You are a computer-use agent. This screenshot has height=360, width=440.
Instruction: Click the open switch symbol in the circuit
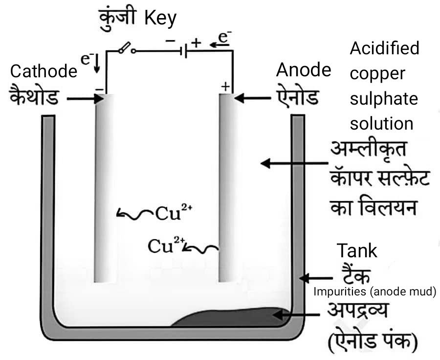[126, 49]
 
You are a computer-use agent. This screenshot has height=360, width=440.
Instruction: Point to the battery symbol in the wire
[182, 50]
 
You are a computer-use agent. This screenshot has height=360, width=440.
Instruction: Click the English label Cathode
[44, 72]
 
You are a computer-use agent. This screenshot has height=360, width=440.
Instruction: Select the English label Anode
[303, 70]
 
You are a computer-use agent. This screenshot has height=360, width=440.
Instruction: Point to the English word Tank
[357, 251]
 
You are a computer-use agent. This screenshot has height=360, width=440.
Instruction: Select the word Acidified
[385, 48]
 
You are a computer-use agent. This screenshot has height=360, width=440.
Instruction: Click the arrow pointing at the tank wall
[310, 278]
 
